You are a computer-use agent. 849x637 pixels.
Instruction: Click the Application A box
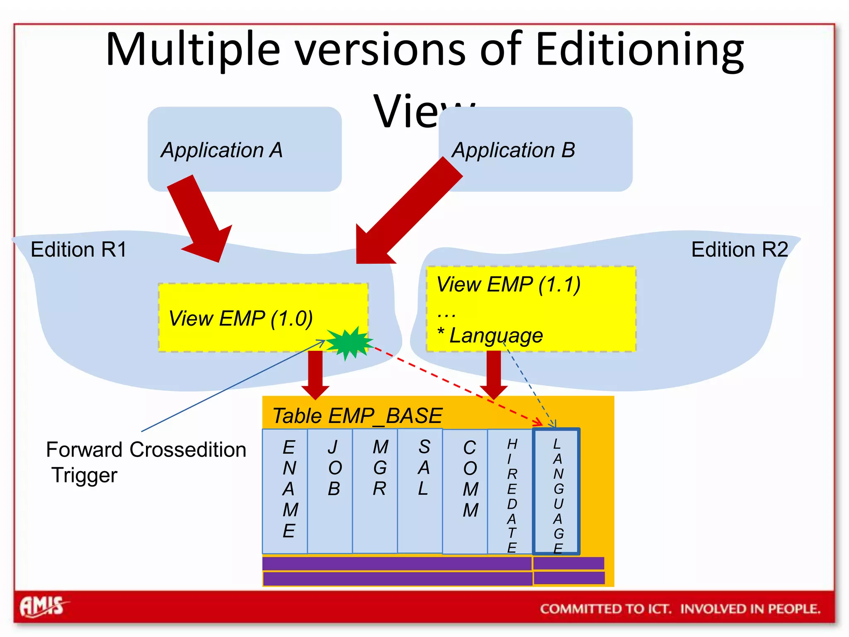pos(245,149)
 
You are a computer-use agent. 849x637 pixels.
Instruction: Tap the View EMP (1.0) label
pos(240,318)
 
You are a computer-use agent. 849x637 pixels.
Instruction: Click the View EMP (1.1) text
pos(508,284)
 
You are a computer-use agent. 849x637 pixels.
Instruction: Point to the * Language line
pos(491,335)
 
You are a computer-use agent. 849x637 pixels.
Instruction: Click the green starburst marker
pos(349,343)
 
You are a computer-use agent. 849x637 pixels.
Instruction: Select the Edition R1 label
pos(79,250)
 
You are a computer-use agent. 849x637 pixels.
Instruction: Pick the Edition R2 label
pos(739,250)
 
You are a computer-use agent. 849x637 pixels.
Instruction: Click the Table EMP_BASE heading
pos(357,416)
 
